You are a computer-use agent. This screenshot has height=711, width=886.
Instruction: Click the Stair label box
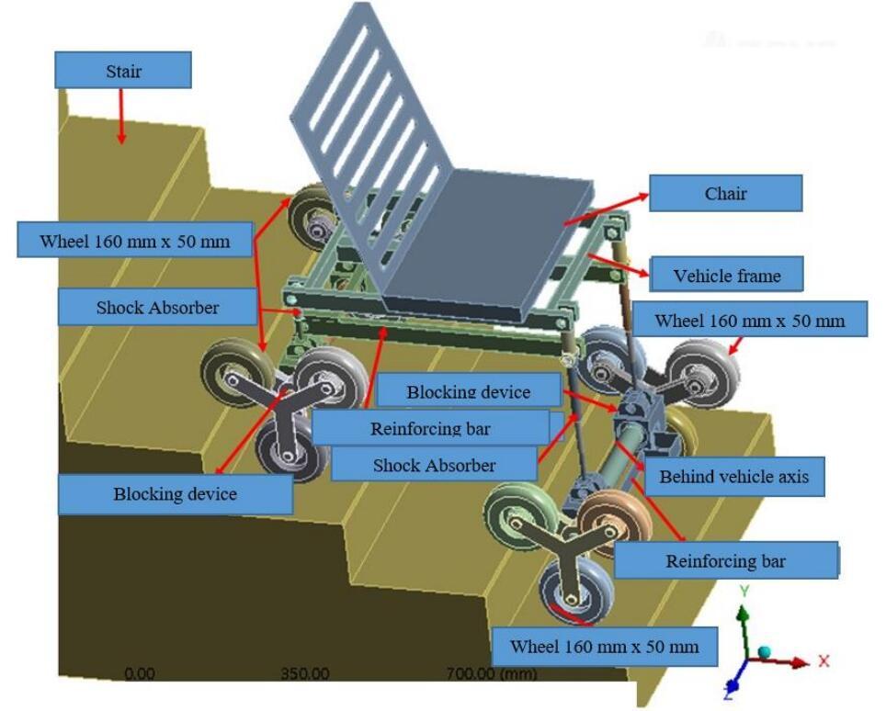(x=123, y=70)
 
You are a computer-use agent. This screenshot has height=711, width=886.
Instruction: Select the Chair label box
(x=725, y=193)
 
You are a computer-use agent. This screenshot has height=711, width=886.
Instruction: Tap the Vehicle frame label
(x=727, y=275)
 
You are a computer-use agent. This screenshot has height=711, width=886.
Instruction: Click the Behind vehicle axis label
(x=733, y=477)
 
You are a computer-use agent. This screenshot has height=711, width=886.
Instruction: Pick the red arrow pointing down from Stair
(x=121, y=116)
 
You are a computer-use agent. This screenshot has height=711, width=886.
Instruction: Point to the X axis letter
(x=824, y=660)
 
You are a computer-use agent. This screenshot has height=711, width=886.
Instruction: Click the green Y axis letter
(x=744, y=592)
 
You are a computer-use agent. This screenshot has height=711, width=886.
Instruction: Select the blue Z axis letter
(x=729, y=693)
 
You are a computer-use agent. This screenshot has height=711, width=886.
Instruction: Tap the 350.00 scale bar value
(x=305, y=673)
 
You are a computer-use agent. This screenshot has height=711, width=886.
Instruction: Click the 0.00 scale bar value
(x=139, y=673)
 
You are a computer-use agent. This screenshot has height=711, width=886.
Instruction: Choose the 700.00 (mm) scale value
(x=491, y=673)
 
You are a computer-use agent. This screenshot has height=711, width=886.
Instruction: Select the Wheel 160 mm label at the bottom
(x=605, y=646)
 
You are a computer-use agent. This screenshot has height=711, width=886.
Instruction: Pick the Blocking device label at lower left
(x=176, y=493)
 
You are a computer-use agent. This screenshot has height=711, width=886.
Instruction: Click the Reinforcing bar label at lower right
(x=725, y=560)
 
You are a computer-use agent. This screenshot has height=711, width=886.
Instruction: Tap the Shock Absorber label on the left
(x=157, y=307)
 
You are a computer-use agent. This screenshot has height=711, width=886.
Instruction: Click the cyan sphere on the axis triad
(x=764, y=653)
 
